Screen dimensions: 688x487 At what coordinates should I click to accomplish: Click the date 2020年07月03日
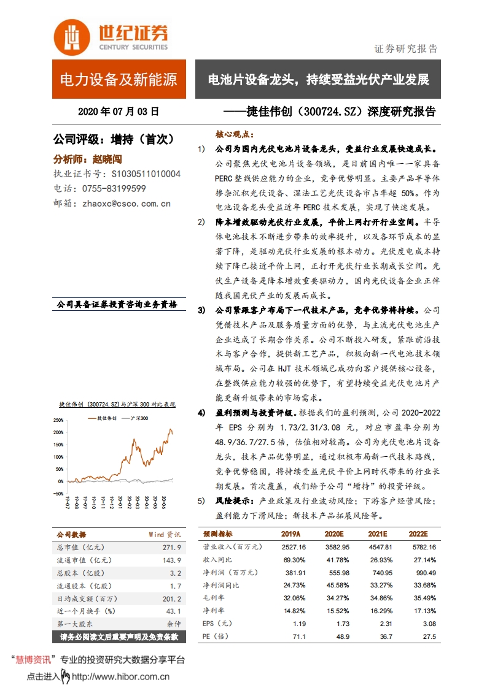119,112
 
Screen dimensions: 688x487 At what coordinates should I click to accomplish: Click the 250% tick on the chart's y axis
59,421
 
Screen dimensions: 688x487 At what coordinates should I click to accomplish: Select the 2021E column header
378,533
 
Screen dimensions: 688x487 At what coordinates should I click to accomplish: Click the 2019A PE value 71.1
299,636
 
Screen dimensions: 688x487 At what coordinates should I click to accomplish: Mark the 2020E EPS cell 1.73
341,624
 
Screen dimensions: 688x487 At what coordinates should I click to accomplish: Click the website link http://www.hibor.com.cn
120,677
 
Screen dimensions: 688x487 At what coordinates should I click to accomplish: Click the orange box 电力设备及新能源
119,79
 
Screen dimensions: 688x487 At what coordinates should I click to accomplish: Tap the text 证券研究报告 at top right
406,49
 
